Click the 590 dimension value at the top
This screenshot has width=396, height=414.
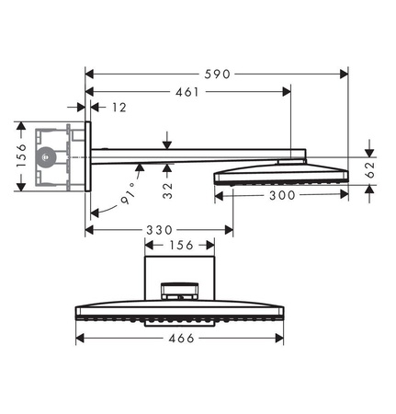tap(217, 72)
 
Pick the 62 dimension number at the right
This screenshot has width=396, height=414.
tap(370, 168)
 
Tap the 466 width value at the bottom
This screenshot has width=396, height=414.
tap(182, 338)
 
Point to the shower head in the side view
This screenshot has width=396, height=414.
tap(280, 173)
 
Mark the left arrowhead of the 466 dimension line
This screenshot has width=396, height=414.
tap(79, 338)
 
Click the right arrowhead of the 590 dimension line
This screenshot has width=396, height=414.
tap(345, 72)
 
